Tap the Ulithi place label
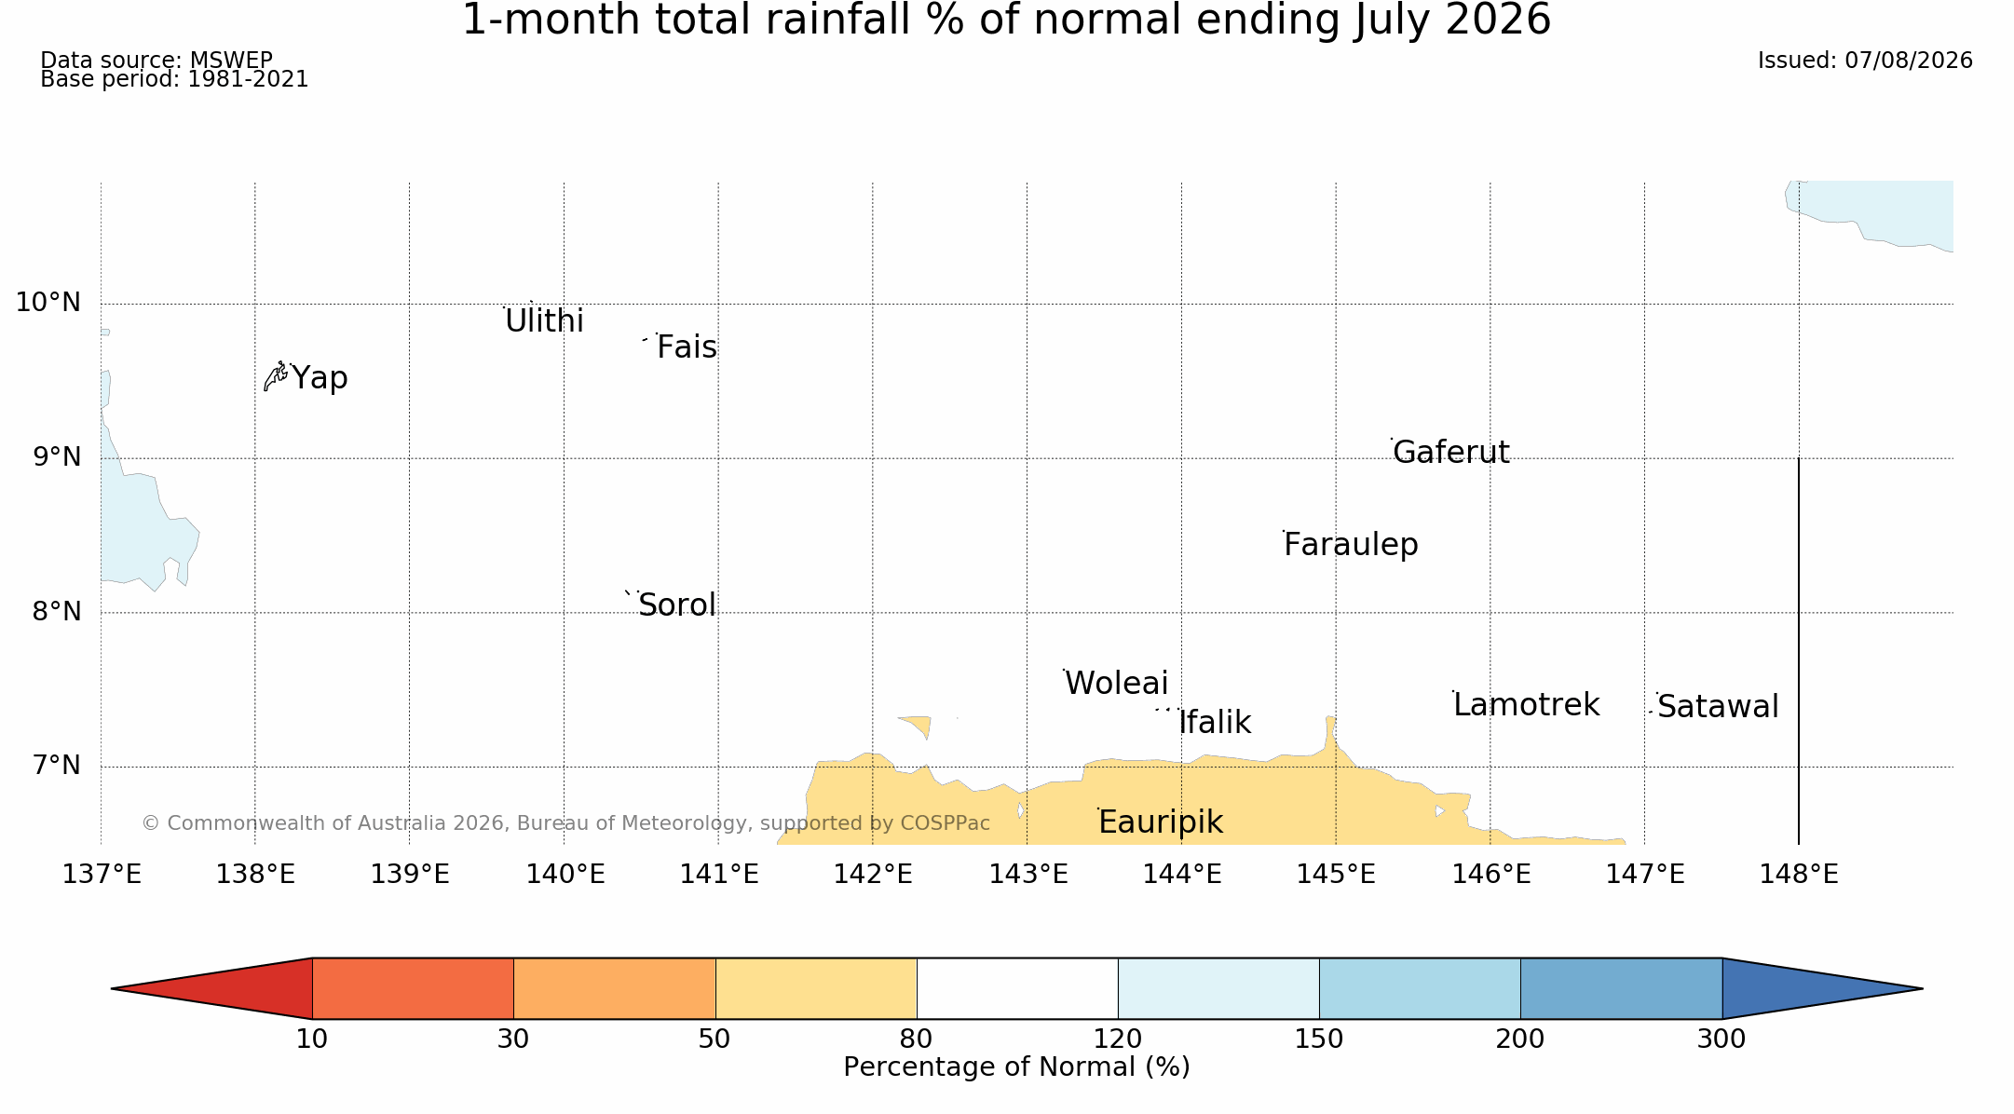pyautogui.click(x=544, y=321)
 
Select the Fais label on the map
pyautogui.click(x=687, y=347)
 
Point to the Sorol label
pyautogui.click(x=677, y=605)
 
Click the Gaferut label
pyautogui.click(x=1451, y=452)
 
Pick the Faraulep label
pyautogui.click(x=1351, y=545)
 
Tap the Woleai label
pyautogui.click(x=1116, y=684)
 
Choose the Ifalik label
pyautogui.click(x=1215, y=723)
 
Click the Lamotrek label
pyautogui.click(x=1526, y=705)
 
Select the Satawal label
pyautogui.click(x=1718, y=707)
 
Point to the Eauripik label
pyautogui.click(x=1161, y=822)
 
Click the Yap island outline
pyautogui.click(x=276, y=376)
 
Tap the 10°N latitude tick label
pyautogui.click(x=48, y=302)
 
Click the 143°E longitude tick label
pyautogui.click(x=1028, y=875)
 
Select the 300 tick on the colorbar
pyautogui.click(x=1721, y=1039)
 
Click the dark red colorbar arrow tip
pyautogui.click(x=113, y=988)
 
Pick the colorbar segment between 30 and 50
pyautogui.click(x=615, y=988)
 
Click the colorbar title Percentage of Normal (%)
pyautogui.click(x=1016, y=1067)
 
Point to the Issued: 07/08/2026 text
pyautogui.click(x=1865, y=61)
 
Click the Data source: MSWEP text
pyautogui.click(x=156, y=61)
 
